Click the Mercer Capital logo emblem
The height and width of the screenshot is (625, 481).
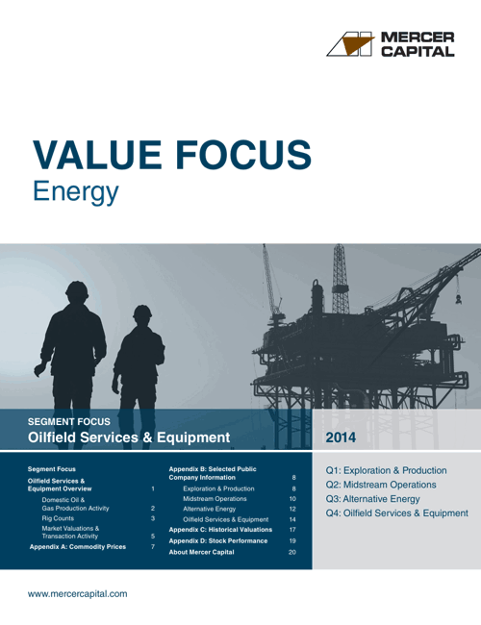350,43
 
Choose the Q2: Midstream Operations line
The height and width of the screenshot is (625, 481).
380,485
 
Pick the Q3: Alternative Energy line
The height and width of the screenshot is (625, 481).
372,499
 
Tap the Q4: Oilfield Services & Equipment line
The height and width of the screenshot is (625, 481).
396,513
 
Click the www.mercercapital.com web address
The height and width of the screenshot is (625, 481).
78,594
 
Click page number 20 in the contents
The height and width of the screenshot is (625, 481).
292,552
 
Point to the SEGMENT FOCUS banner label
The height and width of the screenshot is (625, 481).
69,421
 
